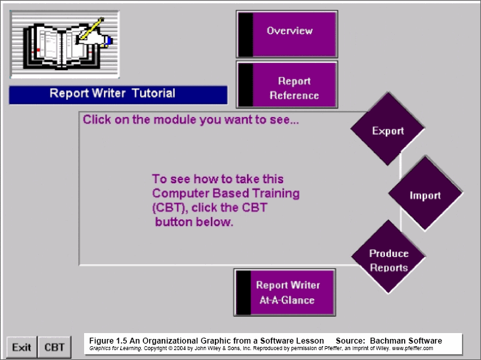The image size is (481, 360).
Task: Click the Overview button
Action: [x=286, y=34]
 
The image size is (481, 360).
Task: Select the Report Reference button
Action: [x=286, y=84]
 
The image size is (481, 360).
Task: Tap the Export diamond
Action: [x=388, y=129]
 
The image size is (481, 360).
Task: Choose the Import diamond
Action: [x=426, y=193]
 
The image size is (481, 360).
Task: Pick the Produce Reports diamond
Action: [x=388, y=257]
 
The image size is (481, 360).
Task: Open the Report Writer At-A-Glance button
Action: [x=285, y=292]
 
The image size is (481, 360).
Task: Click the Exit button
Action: [x=22, y=347]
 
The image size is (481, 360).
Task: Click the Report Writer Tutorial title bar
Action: [x=118, y=95]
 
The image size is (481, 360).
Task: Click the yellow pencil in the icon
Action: [x=91, y=28]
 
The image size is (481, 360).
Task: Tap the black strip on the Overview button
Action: [x=246, y=34]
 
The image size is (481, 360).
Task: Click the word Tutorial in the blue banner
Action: [x=154, y=93]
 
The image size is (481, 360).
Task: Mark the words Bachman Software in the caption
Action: [x=406, y=341]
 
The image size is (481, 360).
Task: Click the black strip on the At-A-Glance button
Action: [x=244, y=292]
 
